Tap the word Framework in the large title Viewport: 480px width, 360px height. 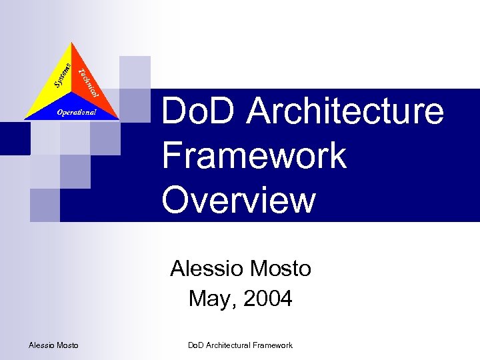tap(254, 155)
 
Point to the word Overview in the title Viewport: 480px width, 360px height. tap(239, 199)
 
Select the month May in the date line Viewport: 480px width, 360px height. tap(210, 299)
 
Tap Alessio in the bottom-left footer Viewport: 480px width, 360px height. tap(42, 345)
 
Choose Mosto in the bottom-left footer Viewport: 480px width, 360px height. tap(67, 345)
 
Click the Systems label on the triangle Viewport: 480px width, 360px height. tap(62, 75)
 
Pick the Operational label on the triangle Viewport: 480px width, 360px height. tap(76, 112)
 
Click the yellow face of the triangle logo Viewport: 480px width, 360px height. tap(53, 90)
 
